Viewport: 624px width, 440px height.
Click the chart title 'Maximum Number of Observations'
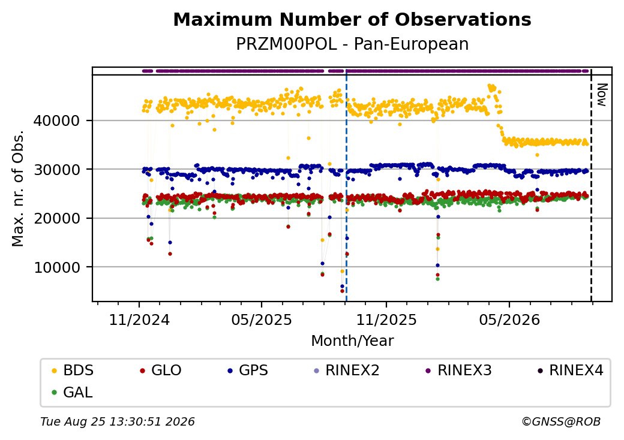pos(352,19)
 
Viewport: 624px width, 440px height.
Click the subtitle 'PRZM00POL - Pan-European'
pos(352,44)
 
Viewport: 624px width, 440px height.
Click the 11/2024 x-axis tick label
pos(139,320)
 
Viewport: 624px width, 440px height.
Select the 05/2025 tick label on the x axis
pos(262,320)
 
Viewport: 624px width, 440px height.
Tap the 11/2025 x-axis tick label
pos(386,320)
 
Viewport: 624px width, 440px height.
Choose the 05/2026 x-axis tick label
pos(509,320)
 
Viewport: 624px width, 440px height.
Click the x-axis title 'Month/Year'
pos(352,340)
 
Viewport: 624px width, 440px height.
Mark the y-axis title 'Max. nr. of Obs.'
pos(17,188)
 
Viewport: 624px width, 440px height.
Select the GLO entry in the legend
pos(161,370)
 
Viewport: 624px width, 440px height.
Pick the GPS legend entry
pos(248,370)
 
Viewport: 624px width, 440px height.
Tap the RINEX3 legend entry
pos(458,370)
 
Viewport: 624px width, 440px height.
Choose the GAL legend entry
pos(73,392)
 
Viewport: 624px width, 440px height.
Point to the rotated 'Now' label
pos(602,95)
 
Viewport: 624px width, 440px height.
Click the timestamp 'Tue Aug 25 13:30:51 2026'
pos(118,421)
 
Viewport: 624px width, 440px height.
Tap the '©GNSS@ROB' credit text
pos(561,421)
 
